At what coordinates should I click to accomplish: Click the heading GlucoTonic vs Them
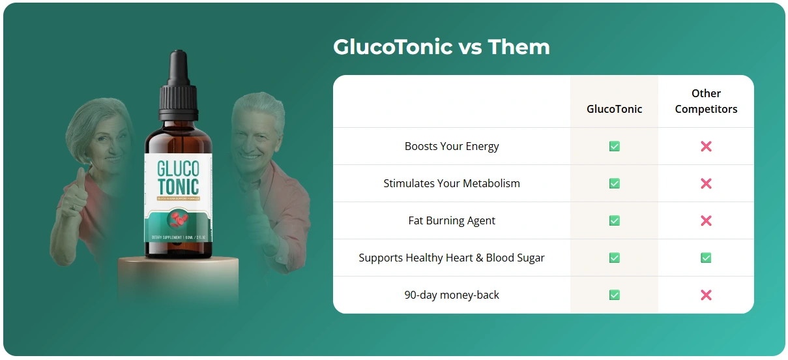[441, 47]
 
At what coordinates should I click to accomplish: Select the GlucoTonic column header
[614, 109]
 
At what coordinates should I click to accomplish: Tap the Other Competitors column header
[706, 101]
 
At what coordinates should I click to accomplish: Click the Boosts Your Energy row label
[452, 146]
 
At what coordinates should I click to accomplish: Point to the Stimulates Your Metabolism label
[452, 183]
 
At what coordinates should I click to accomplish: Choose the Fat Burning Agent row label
[452, 220]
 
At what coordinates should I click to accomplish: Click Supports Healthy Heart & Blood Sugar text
[452, 258]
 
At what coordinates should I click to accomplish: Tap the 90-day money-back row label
[452, 295]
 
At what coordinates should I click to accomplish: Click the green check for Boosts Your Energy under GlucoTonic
[614, 146]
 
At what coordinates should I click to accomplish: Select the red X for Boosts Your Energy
[706, 146]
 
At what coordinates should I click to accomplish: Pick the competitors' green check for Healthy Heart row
[706, 258]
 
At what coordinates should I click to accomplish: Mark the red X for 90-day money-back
[706, 295]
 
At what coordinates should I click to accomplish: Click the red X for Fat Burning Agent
[706, 220]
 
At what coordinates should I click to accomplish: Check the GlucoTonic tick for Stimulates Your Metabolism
[614, 183]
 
